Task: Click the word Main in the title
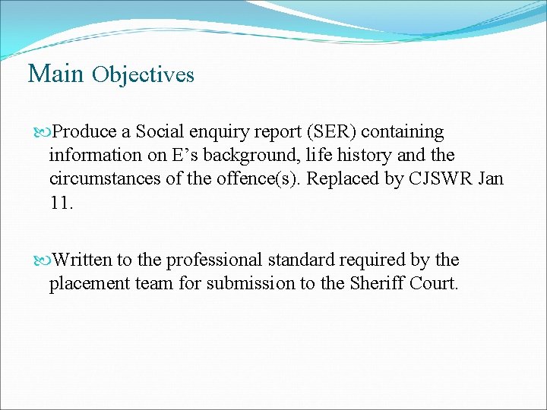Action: [55, 74]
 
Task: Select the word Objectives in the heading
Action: [143, 75]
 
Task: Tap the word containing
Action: [403, 132]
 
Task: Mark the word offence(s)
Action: [250, 178]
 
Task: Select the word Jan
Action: [491, 178]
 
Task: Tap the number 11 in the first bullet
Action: [60, 202]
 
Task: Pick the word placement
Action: [85, 284]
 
